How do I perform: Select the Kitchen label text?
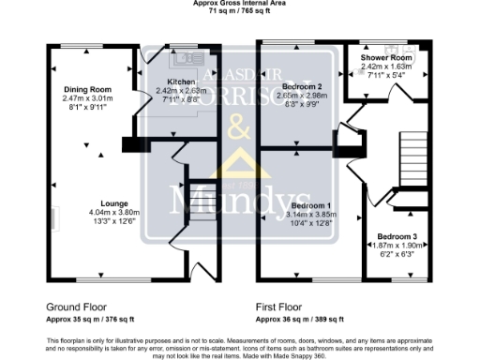point(181,82)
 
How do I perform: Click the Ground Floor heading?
point(76,307)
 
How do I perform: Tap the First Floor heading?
point(282,307)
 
